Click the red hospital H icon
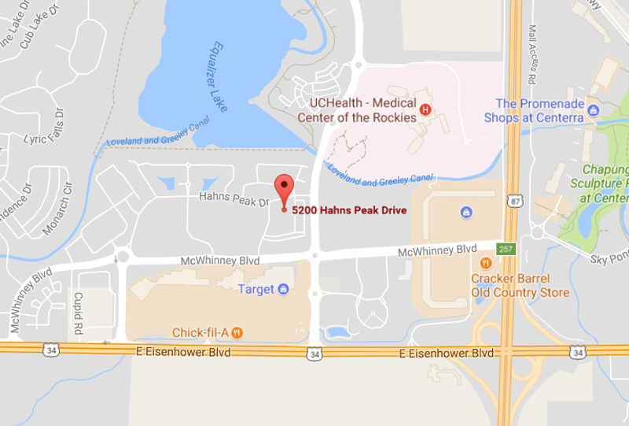[425, 109]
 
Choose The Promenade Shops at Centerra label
[540, 110]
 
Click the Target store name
[256, 289]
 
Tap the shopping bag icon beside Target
[282, 289]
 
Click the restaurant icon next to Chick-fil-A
[237, 332]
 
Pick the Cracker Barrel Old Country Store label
[520, 285]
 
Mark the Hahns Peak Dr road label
[234, 202]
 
